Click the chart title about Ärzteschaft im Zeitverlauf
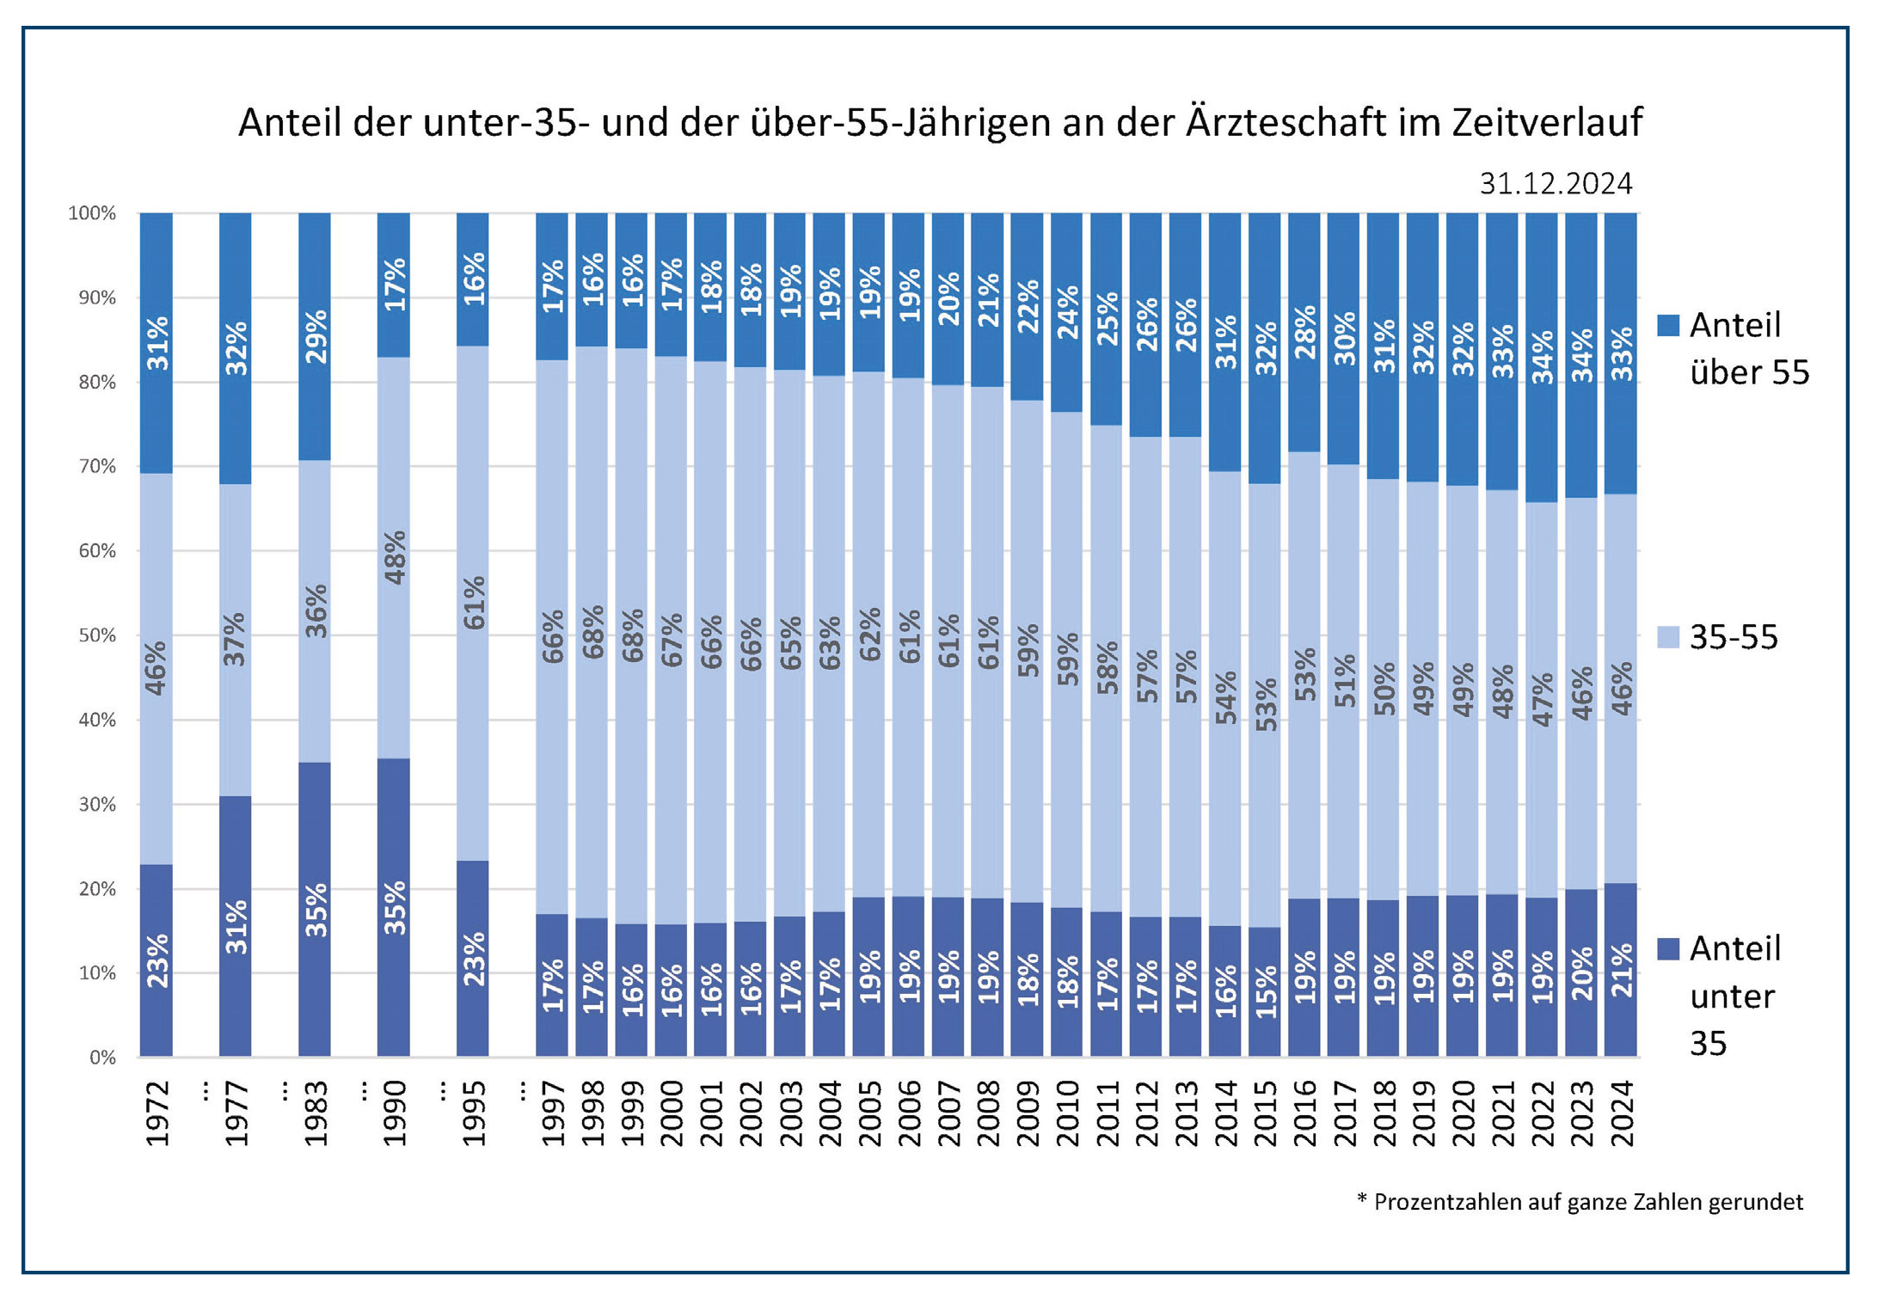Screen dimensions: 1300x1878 coord(939,122)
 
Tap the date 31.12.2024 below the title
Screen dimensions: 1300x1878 coord(1555,184)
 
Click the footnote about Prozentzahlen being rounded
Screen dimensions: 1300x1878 coord(1580,1201)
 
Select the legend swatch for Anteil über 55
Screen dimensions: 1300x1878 coord(1668,325)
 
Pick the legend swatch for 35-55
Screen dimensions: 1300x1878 coord(1668,637)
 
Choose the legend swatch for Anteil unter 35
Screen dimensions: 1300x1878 coord(1668,948)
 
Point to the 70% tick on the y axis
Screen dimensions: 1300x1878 coord(97,466)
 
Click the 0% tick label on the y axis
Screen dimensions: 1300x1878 coord(102,1057)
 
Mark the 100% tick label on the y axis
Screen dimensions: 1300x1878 coord(92,213)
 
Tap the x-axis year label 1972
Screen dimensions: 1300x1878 coord(157,1114)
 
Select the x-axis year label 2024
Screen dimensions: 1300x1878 coord(1622,1114)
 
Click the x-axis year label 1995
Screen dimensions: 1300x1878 coord(474,1114)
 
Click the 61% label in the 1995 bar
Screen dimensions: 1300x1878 coord(474,603)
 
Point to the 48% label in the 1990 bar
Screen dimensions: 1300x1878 coord(395,558)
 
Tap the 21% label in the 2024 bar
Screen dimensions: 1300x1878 coord(1622,971)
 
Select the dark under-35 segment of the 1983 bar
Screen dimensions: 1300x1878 coord(315,910)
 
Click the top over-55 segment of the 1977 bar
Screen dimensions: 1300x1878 coord(236,348)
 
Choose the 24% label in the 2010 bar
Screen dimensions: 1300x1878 coord(1067,312)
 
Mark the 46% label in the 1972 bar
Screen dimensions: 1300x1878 coord(156,667)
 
